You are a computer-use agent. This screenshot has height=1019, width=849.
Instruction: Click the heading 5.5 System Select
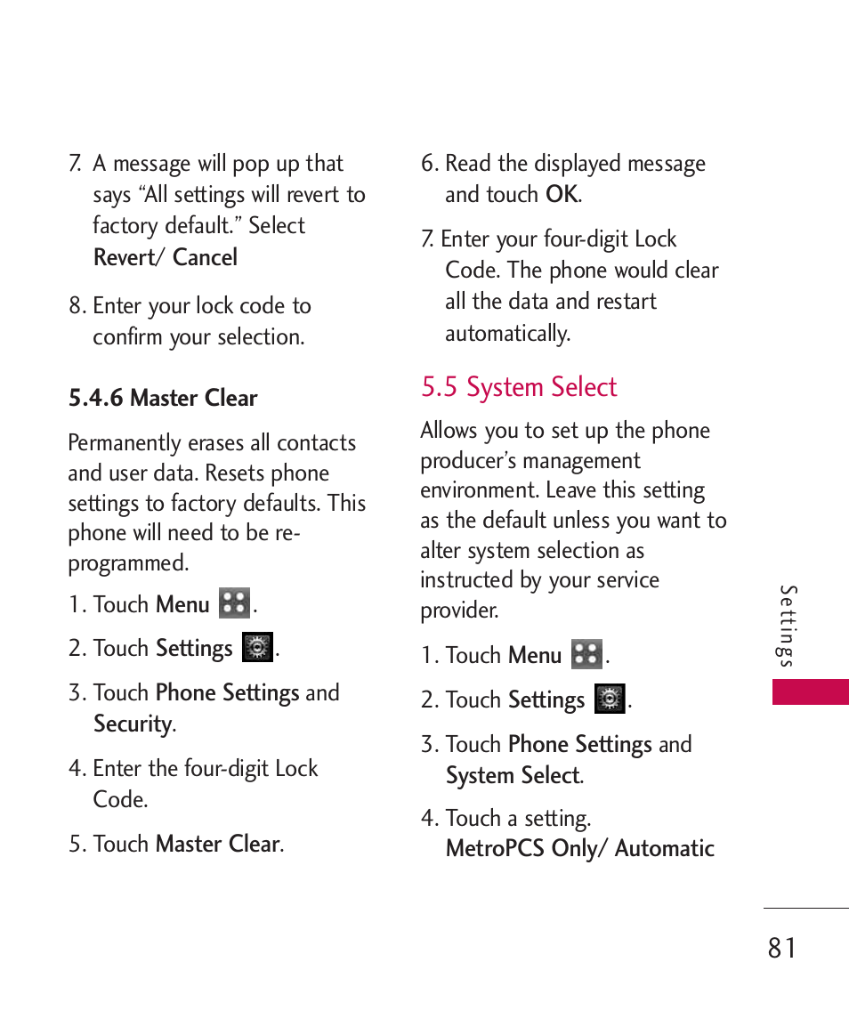click(519, 387)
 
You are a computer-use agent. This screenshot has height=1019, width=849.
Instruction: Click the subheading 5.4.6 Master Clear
click(163, 398)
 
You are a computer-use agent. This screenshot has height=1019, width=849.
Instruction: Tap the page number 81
click(782, 948)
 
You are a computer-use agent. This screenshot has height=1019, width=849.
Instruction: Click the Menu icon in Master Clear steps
click(235, 603)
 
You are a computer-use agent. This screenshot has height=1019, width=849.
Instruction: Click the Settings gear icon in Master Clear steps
click(257, 647)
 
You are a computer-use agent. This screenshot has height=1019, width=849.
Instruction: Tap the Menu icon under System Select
click(587, 654)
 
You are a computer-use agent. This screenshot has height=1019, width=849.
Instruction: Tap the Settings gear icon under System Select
click(610, 699)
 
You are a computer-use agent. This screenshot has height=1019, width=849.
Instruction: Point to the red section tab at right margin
click(810, 691)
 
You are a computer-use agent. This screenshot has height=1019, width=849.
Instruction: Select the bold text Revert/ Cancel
click(166, 257)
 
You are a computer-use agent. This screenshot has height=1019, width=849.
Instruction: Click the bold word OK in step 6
click(562, 194)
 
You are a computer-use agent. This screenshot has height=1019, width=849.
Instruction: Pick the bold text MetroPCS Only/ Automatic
click(580, 848)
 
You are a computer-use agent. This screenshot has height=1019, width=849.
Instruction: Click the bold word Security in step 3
click(133, 724)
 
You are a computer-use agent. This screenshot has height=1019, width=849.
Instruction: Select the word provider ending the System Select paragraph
click(457, 611)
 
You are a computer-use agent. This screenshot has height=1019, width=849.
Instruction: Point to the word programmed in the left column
click(127, 562)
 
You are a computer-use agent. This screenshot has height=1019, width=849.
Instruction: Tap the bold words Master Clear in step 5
click(217, 844)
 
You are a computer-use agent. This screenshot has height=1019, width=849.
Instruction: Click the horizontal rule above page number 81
click(805, 908)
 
